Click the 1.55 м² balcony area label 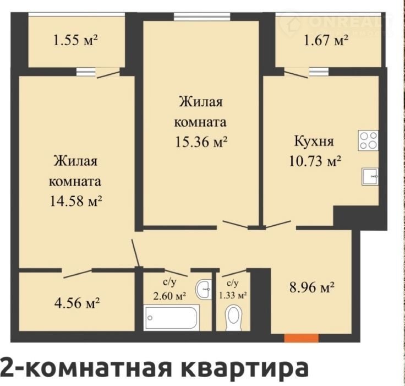(75, 40)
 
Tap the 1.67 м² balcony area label (326, 40)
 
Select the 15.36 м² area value (201, 142)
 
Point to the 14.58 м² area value (76, 201)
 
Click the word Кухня (314, 142)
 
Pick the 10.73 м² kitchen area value (315, 161)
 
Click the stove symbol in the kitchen (368, 140)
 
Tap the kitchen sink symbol (370, 176)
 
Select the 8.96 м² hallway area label (312, 287)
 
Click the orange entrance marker (302, 338)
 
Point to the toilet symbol (234, 318)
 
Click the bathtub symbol (172, 317)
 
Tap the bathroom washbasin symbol (204, 289)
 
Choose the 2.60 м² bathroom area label (169, 295)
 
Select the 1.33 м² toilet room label (233, 295)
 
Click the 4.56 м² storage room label (77, 303)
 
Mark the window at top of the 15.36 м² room (202, 17)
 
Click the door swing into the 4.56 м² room (78, 274)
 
